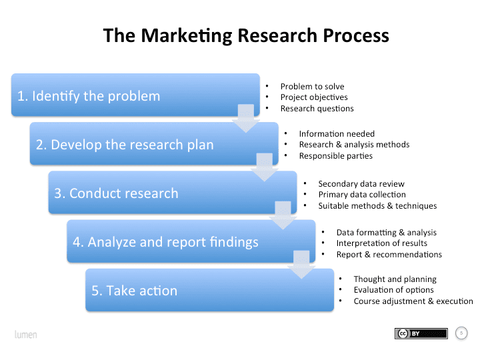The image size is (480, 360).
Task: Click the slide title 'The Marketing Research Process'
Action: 246,35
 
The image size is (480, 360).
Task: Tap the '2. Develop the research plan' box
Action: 154,144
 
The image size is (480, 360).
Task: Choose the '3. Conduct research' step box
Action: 173,193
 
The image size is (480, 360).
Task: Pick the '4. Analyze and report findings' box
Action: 192,242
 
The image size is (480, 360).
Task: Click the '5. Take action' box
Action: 209,291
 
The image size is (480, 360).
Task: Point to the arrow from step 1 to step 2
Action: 246,119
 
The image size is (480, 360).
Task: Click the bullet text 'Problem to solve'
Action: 312,87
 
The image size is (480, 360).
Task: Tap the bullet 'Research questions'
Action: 317,109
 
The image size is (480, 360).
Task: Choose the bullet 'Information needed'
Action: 337,134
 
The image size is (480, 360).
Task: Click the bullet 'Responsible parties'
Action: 335,156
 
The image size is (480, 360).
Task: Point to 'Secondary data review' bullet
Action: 361,184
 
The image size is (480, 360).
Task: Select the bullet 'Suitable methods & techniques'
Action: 377,206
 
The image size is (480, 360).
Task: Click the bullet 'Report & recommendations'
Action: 389,255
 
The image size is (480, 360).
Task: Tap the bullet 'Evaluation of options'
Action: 393,290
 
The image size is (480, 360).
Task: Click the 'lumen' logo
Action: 26,333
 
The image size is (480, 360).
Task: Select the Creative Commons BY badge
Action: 421,333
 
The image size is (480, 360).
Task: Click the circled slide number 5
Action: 461,333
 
